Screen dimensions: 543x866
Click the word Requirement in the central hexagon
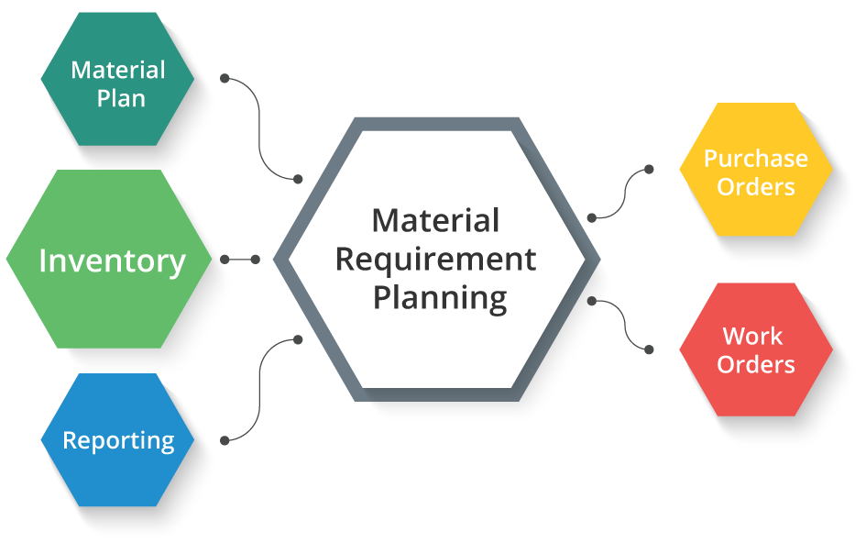click(x=435, y=260)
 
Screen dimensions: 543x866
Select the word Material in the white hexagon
click(x=435, y=220)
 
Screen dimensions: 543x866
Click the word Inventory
click(x=112, y=261)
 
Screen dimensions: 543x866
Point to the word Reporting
click(x=118, y=440)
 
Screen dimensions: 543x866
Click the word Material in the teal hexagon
click(x=118, y=70)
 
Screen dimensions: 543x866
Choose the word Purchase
click(x=755, y=158)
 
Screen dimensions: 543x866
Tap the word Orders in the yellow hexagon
click(x=755, y=186)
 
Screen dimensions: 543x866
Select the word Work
click(x=752, y=336)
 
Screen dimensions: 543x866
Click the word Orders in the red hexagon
click(x=755, y=364)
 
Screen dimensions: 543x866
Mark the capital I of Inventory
click(x=42, y=261)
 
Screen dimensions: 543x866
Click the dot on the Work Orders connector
click(x=592, y=300)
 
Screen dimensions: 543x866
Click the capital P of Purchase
click(x=710, y=158)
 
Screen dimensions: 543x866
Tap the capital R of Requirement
click(x=344, y=260)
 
